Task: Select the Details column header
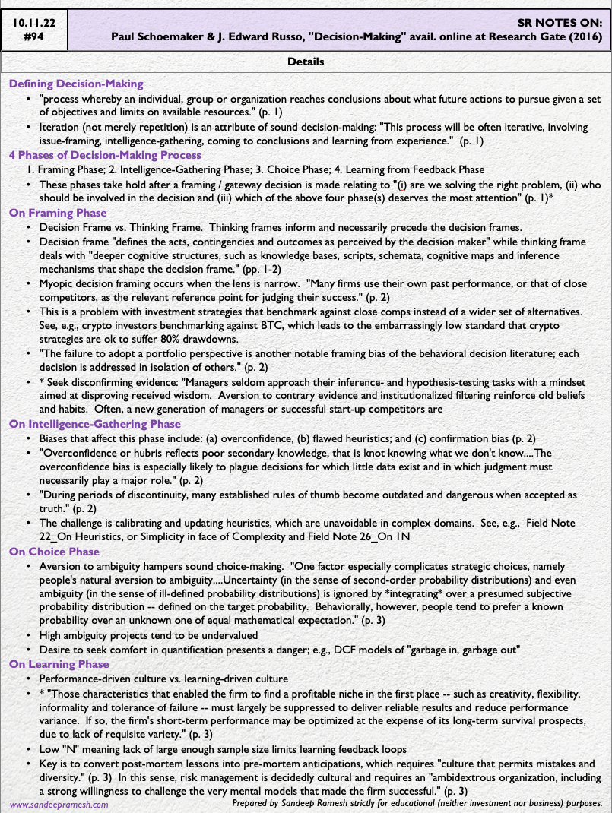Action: coord(306,62)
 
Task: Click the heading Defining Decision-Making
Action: coord(76,84)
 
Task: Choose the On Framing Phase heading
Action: coord(58,214)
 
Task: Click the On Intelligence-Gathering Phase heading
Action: coord(95,424)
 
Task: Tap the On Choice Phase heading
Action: coord(54,552)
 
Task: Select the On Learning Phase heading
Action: coord(59,664)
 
